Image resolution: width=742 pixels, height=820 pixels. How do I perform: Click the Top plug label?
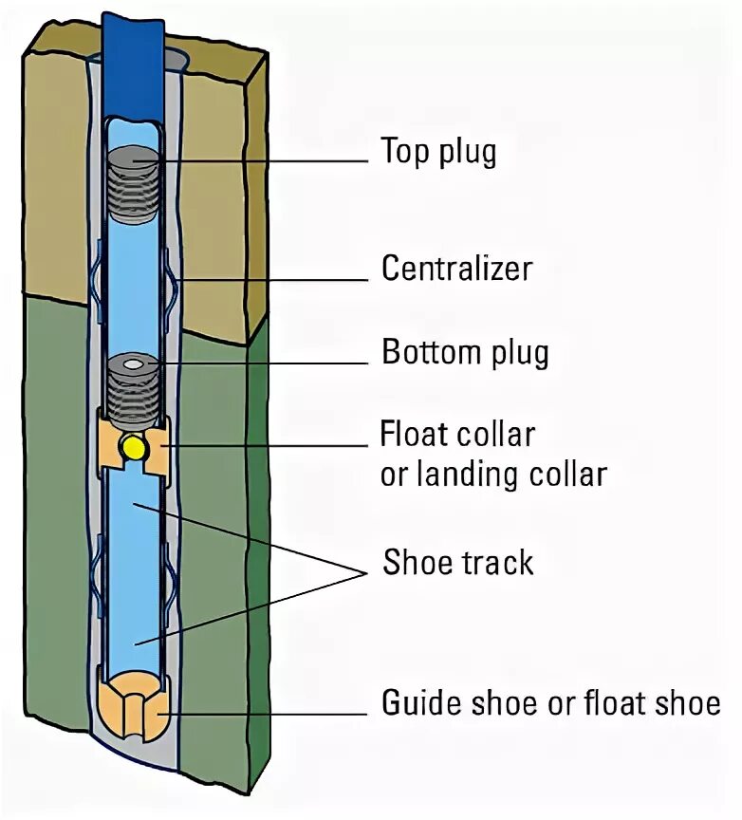click(438, 152)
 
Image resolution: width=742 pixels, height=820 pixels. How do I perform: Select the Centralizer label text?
click(456, 269)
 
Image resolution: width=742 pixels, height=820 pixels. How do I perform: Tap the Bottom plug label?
click(465, 353)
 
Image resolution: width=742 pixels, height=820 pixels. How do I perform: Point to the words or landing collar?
click(492, 474)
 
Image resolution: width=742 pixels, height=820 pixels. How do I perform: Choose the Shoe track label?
click(458, 563)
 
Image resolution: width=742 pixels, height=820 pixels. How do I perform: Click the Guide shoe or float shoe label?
click(550, 704)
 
